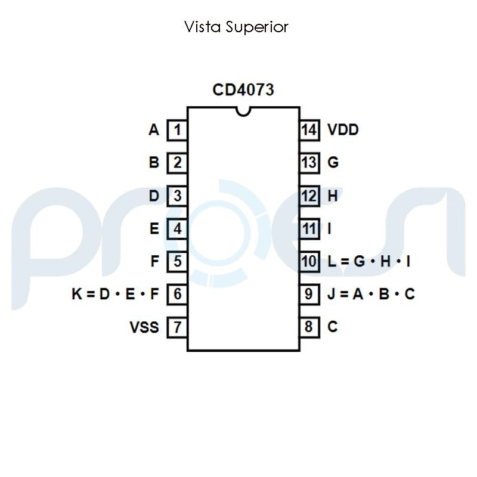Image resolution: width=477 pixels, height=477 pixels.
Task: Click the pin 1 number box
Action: point(177,130)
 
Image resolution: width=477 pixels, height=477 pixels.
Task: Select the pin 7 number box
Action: point(177,327)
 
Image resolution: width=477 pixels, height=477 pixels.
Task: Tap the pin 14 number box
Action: point(309,130)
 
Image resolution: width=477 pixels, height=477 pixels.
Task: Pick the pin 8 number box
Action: point(309,327)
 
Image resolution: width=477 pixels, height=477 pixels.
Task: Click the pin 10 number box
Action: point(309,261)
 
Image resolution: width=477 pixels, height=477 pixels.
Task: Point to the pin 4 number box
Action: point(177,228)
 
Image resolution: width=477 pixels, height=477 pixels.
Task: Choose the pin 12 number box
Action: point(309,196)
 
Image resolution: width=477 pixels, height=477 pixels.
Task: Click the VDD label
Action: point(343,130)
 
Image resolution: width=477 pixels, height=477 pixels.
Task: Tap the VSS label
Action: point(144,327)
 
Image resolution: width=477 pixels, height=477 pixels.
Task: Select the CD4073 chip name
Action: point(243,90)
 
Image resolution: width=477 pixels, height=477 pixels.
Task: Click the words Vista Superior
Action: point(237,27)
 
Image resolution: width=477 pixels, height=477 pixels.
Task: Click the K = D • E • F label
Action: point(115,294)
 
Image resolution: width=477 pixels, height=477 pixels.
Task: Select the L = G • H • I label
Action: point(369,261)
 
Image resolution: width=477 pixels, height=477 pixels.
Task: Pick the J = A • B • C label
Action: point(371,294)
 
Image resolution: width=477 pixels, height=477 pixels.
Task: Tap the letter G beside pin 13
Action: point(333,162)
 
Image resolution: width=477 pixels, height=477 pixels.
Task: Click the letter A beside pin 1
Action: point(154,130)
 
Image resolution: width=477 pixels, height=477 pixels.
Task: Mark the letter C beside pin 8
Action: point(333,327)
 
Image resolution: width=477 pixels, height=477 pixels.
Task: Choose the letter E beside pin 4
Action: point(154,228)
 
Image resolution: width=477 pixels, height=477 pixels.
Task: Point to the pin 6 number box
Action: point(177,294)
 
